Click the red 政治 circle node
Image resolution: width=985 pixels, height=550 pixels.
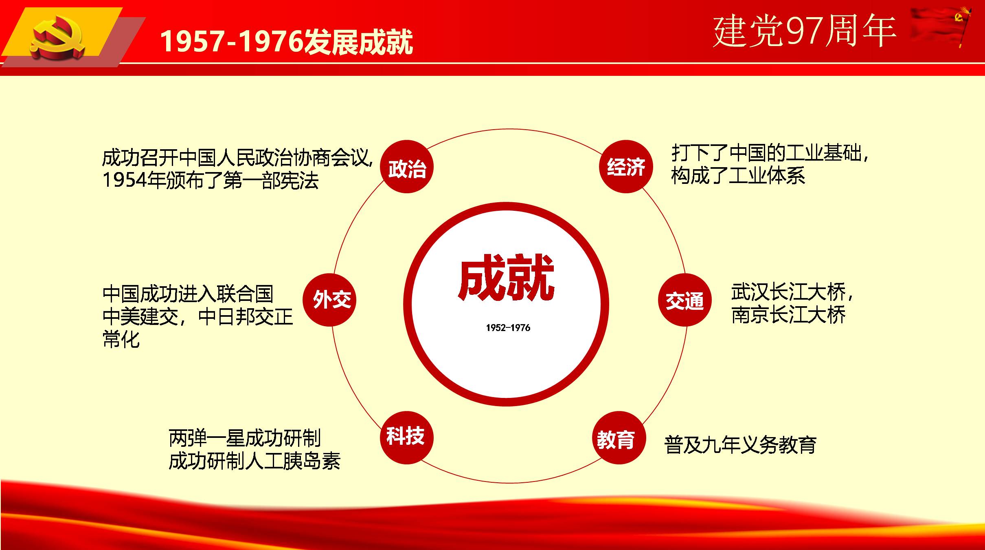[407, 166]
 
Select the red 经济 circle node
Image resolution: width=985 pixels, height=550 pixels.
[626, 166]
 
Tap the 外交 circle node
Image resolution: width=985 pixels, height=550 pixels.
[329, 300]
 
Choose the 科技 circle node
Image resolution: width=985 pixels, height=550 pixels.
[407, 437]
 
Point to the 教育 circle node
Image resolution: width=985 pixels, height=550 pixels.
[619, 437]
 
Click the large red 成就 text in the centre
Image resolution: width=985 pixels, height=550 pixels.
[507, 277]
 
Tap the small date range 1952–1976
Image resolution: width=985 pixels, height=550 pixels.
[508, 328]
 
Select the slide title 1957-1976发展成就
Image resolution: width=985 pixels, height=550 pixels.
[286, 42]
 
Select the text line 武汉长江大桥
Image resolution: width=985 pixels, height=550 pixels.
[788, 292]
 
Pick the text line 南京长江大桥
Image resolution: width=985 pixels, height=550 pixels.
[788, 315]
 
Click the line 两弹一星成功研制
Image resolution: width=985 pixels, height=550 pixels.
[245, 438]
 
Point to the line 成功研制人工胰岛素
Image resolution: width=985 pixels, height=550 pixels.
[254, 461]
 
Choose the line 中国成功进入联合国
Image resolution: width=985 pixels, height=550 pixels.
[188, 294]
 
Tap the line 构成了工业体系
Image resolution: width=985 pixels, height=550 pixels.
[738, 176]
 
